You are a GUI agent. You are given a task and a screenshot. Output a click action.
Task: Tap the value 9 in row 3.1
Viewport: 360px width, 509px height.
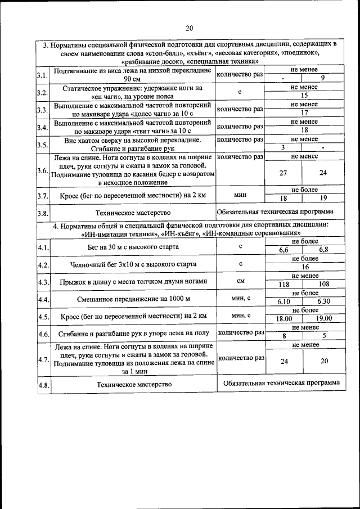[322, 79]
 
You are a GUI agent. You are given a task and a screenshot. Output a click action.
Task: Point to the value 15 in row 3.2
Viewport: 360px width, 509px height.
[304, 96]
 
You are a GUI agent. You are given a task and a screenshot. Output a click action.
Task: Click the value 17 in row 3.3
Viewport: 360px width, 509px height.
[304, 112]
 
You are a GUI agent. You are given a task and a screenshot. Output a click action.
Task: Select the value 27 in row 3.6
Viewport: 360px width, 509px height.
[283, 173]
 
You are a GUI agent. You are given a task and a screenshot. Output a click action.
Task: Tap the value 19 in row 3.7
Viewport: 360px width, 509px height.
[323, 198]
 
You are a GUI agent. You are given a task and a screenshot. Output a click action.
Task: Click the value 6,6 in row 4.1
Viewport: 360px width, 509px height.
[284, 250]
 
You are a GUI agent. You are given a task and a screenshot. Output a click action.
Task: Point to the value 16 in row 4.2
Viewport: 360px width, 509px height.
[305, 267]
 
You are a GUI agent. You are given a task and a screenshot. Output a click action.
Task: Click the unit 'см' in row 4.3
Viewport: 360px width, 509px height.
[240, 281]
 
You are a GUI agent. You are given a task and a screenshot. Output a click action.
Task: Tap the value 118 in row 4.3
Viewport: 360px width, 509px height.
[284, 285]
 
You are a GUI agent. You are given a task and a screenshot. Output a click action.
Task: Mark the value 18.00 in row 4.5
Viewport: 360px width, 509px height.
[284, 318]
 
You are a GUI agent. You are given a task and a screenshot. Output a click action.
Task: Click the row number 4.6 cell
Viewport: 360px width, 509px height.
[43, 334]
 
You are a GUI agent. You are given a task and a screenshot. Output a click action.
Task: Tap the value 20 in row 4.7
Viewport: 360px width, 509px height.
[324, 361]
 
